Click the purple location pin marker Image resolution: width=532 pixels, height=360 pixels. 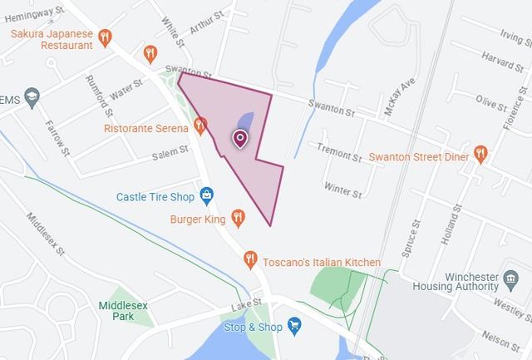click(x=240, y=139)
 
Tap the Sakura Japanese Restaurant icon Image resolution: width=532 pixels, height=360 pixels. click(x=105, y=37)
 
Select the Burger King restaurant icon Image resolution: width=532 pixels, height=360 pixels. click(x=239, y=218)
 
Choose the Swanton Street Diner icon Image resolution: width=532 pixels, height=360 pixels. click(x=480, y=154)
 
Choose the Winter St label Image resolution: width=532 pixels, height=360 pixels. click(x=342, y=190)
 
